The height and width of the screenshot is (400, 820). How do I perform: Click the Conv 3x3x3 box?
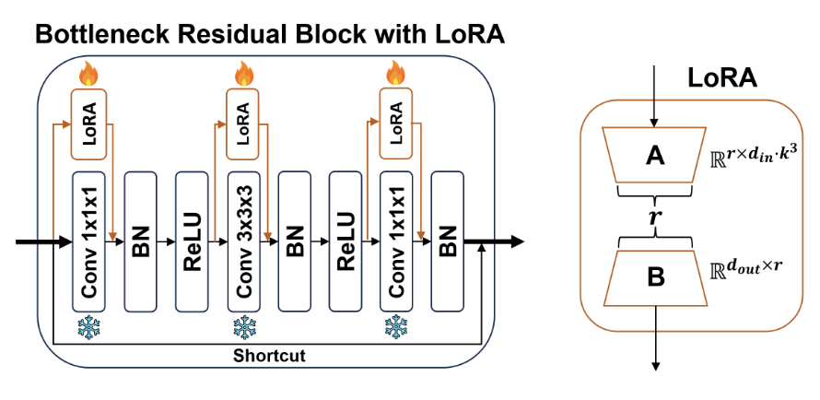coord(243,241)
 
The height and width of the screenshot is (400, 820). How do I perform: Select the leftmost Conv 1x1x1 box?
coord(89,241)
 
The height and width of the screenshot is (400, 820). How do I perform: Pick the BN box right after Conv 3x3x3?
coord(295,241)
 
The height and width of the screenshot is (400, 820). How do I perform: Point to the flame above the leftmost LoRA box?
coord(88,72)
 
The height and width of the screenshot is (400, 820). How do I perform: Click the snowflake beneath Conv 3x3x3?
coord(243,326)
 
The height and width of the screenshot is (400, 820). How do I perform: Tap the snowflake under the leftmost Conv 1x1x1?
coord(89,326)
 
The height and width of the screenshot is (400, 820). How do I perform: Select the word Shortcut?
coord(269,354)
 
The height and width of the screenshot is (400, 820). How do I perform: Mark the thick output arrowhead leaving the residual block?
coord(516,241)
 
